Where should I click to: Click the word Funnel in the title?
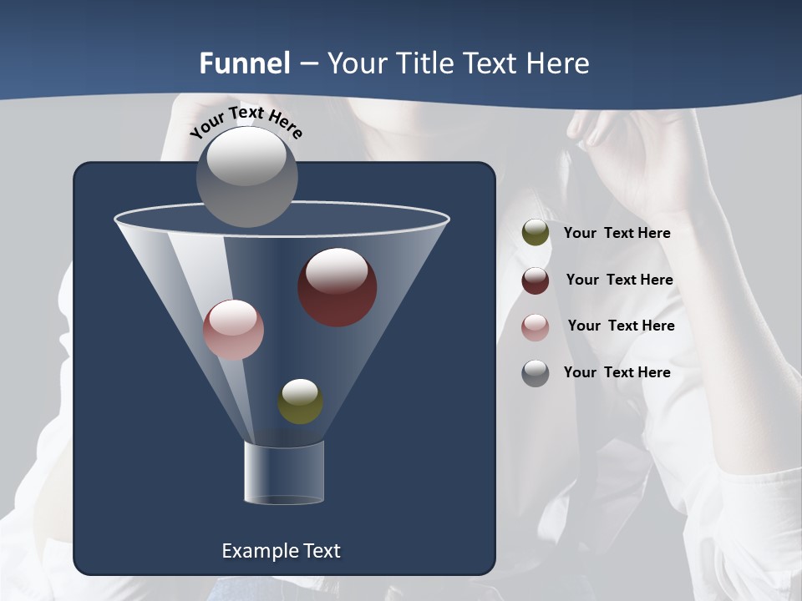pos(244,63)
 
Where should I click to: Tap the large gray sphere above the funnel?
pos(247,176)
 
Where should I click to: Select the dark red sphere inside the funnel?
pos(338,287)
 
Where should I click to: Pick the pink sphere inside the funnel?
pos(233,330)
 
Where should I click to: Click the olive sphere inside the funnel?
pos(301,402)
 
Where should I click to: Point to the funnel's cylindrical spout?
pos(284,472)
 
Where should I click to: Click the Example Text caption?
pos(281,551)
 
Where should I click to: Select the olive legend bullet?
pos(536,233)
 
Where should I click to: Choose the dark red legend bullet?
pos(536,280)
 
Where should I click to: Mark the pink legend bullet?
pos(536,327)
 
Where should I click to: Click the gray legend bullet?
pos(536,373)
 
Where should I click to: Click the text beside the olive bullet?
pos(617,233)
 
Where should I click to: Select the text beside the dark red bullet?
pos(619,280)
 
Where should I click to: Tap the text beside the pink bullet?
pos(621,326)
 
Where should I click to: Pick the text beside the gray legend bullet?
pos(617,372)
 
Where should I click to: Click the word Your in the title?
pos(355,63)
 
